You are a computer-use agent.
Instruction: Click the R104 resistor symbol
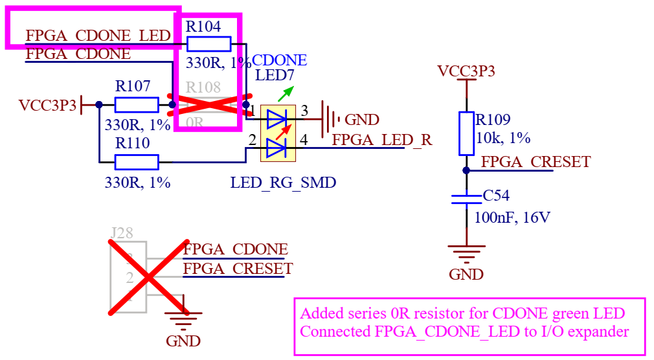pyautogui.click(x=209, y=44)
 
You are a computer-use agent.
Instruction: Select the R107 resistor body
pyautogui.click(x=136, y=104)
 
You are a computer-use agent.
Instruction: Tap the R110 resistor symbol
pyautogui.click(x=137, y=162)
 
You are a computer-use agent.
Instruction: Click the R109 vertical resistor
pyautogui.click(x=466, y=133)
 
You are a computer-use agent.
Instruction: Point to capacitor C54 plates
pyautogui.click(x=466, y=198)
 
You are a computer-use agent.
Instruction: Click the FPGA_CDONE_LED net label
pyautogui.click(x=98, y=36)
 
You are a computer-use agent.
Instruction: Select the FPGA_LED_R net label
pyautogui.click(x=381, y=139)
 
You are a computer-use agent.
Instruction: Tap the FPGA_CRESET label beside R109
pyautogui.click(x=536, y=161)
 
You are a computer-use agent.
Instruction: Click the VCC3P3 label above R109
pyautogui.click(x=466, y=71)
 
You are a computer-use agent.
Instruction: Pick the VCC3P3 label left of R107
pyautogui.click(x=47, y=104)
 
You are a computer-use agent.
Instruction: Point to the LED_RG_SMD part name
pyautogui.click(x=283, y=183)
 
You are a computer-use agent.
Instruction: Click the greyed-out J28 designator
pyautogui.click(x=122, y=233)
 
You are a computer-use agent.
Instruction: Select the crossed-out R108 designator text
pyautogui.click(x=203, y=87)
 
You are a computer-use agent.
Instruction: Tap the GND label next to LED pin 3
pyautogui.click(x=362, y=120)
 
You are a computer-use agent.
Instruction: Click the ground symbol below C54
pyautogui.click(x=466, y=249)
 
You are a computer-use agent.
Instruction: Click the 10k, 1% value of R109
pyautogui.click(x=502, y=138)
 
